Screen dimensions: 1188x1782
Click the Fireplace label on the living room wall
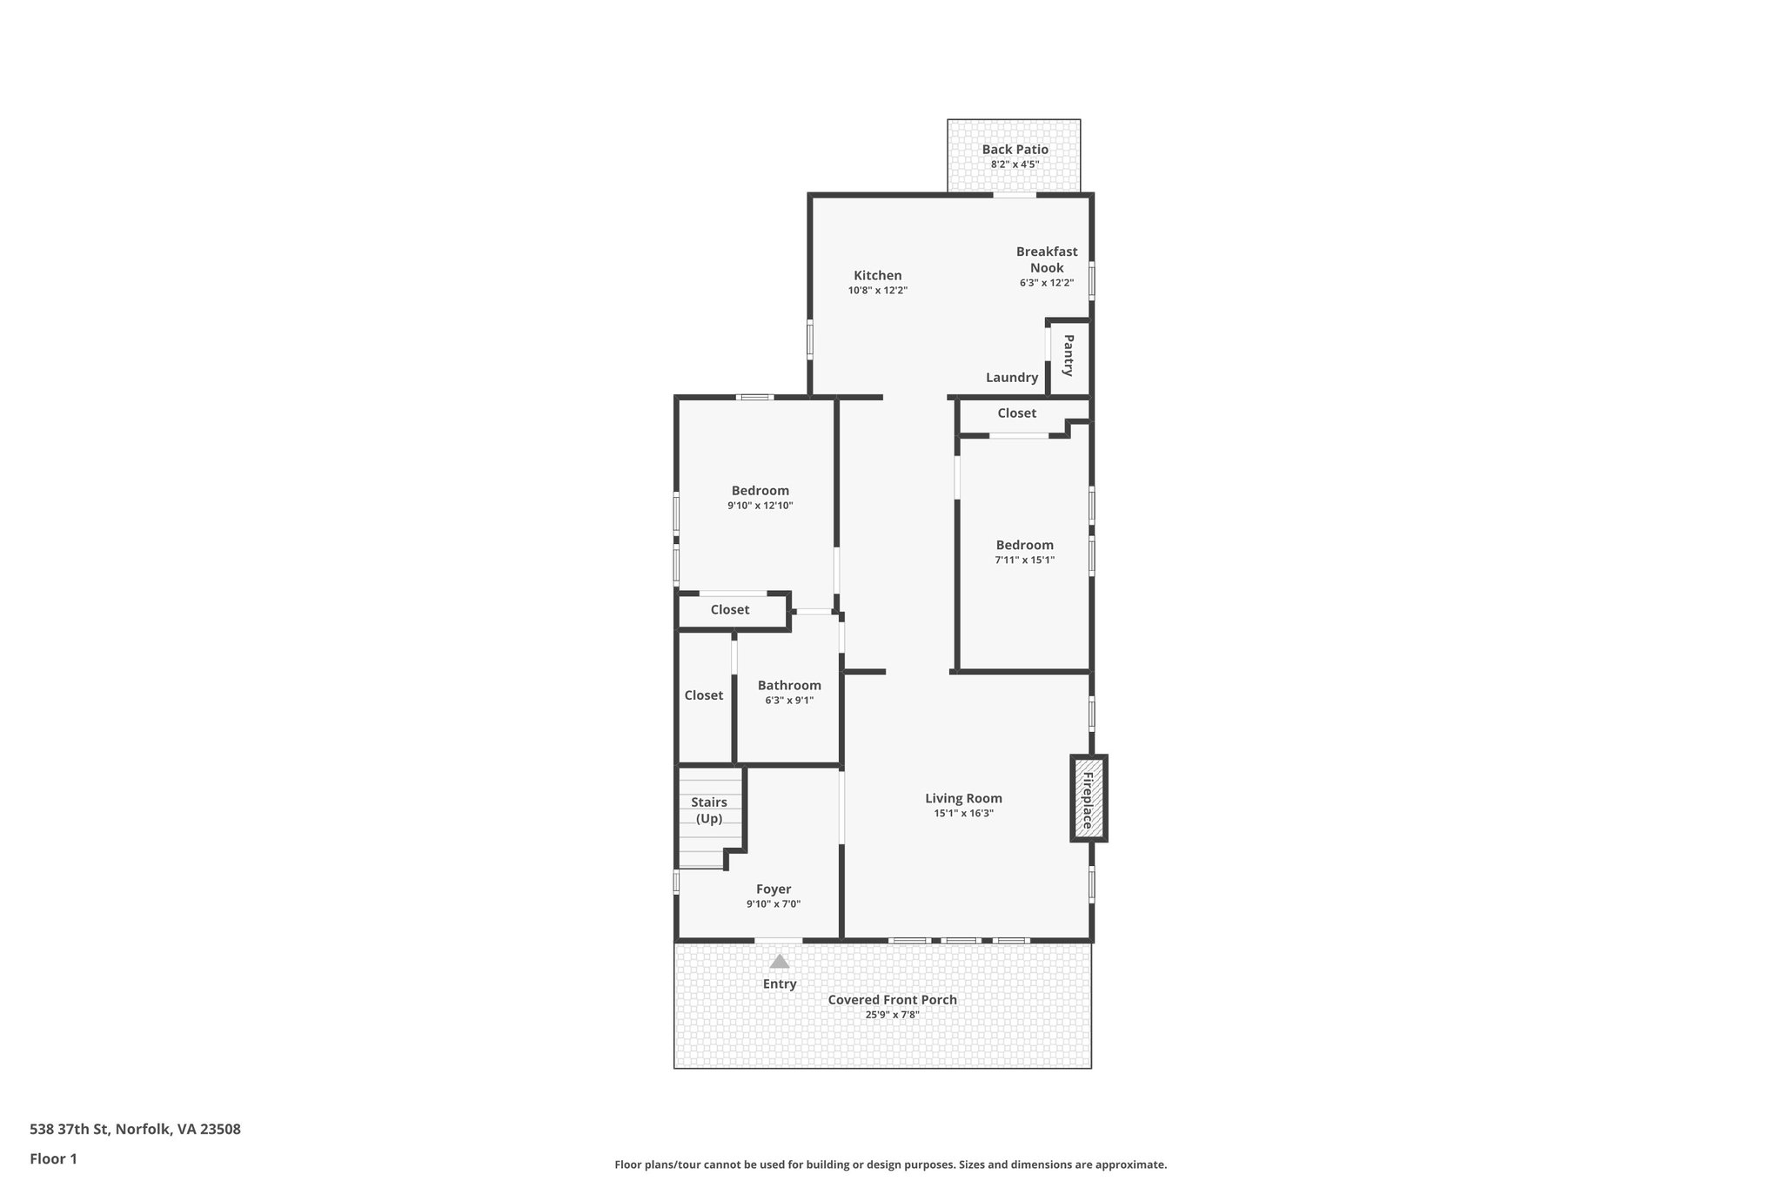[1088, 799]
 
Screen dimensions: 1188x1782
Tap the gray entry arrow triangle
[780, 962]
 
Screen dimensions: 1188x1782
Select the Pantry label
[1069, 355]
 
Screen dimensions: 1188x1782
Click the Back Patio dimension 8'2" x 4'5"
[1015, 164]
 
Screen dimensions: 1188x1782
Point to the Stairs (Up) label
[709, 810]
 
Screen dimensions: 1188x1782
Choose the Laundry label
[1012, 378]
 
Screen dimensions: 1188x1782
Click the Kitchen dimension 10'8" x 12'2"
[878, 291]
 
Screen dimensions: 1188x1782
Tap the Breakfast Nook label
[1047, 259]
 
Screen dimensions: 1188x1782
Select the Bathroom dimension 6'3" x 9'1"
[789, 700]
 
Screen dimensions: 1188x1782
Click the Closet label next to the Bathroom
[704, 695]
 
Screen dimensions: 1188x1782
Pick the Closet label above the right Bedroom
[1017, 413]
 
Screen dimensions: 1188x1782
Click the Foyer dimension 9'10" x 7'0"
[774, 904]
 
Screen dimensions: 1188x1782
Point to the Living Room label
[963, 798]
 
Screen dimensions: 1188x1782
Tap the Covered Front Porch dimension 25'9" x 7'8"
[892, 1015]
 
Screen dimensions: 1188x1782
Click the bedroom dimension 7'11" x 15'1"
[1025, 560]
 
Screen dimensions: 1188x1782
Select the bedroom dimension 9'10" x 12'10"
[760, 506]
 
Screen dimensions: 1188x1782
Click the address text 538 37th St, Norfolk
[135, 1130]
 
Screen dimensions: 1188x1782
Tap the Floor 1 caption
[54, 1159]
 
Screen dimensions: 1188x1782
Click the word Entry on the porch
[780, 984]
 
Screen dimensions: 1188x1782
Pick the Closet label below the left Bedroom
[730, 610]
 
